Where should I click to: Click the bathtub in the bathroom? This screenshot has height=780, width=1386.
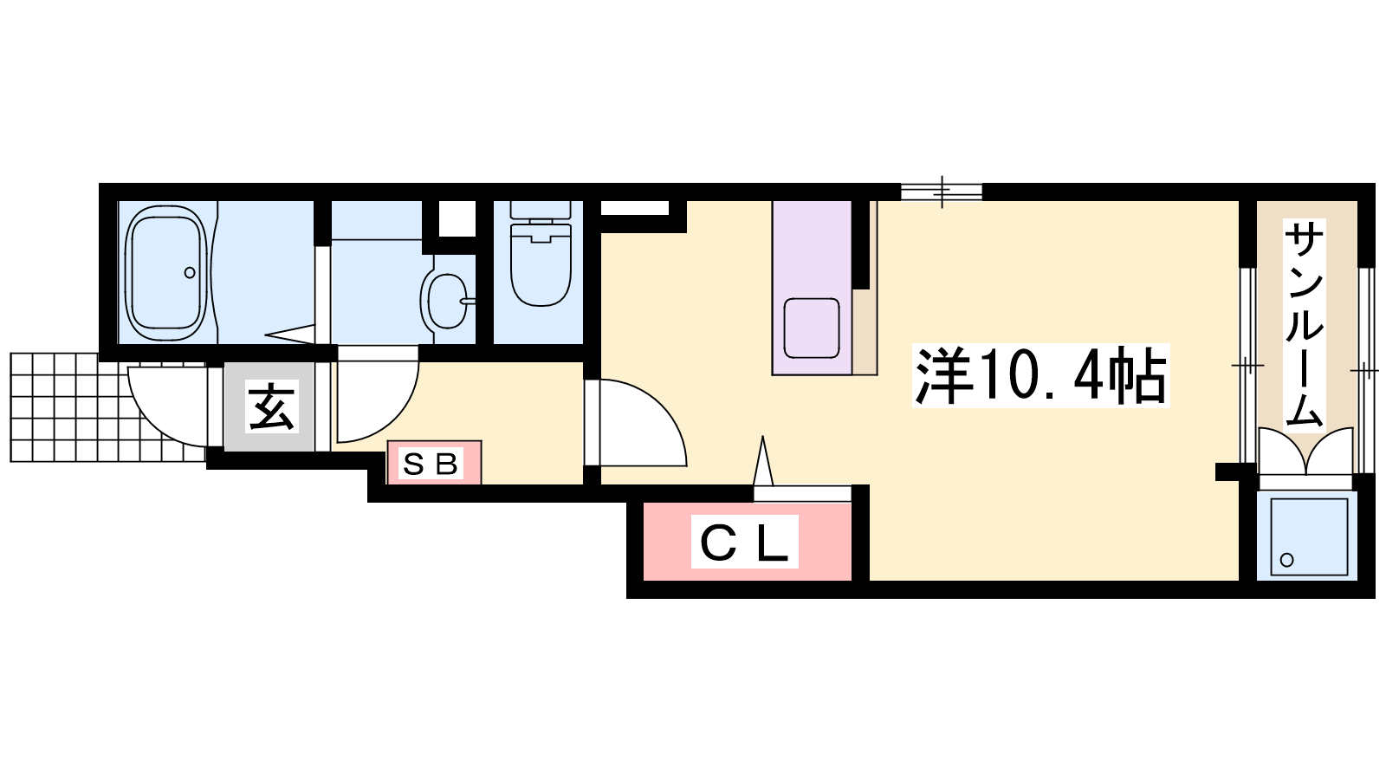tap(165, 273)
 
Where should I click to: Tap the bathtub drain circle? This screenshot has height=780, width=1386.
tap(190, 272)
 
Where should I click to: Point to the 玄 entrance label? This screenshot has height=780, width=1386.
tap(271, 406)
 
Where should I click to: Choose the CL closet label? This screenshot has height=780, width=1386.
tap(744, 543)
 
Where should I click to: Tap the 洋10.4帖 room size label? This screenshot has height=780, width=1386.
tap(1040, 376)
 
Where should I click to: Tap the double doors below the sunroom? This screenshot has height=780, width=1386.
tap(1305, 452)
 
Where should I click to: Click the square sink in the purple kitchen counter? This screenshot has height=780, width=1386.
tap(811, 328)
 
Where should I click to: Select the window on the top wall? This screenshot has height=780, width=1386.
tap(941, 192)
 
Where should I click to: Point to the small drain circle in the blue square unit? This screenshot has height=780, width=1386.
tap(1287, 560)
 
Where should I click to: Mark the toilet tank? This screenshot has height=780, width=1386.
tap(541, 209)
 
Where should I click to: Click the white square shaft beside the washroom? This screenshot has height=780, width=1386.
tap(457, 218)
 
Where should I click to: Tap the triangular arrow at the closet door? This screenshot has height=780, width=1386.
tap(763, 460)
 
